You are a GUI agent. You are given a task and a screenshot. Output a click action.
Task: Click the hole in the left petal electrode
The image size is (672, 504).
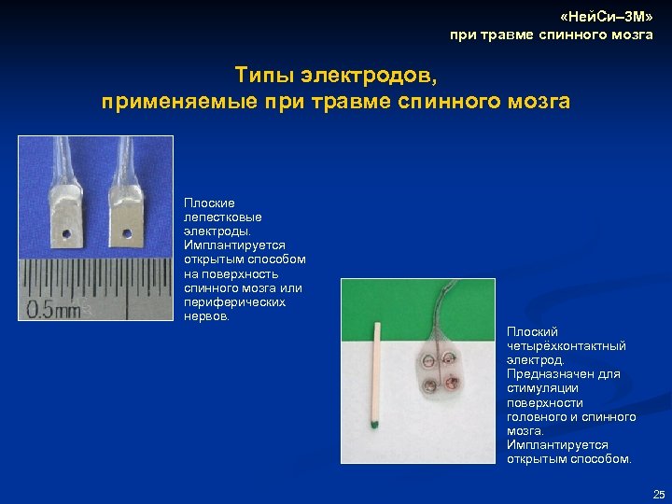click(x=67, y=228)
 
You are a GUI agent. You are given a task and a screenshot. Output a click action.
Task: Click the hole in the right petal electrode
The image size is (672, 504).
click(x=123, y=227)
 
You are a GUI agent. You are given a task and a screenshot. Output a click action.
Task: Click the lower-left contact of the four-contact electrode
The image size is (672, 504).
click(x=430, y=385)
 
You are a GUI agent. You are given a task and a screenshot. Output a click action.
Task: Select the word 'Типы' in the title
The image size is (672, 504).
click(x=269, y=74)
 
